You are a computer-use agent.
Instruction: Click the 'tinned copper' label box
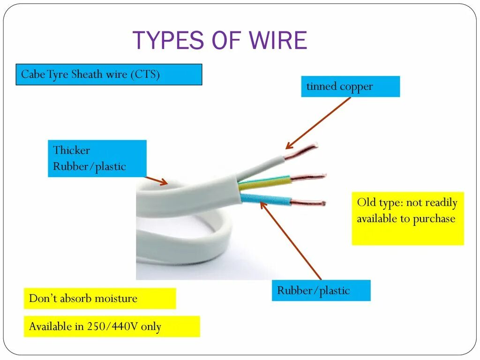(x=350, y=87)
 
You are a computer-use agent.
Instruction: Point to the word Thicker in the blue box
(x=71, y=150)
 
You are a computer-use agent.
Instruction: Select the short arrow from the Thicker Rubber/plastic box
(x=156, y=180)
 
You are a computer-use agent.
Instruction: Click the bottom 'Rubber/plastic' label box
(x=321, y=291)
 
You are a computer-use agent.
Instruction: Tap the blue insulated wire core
(x=265, y=198)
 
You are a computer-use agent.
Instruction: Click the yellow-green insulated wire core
(x=265, y=182)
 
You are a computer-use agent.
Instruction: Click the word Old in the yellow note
(x=366, y=203)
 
